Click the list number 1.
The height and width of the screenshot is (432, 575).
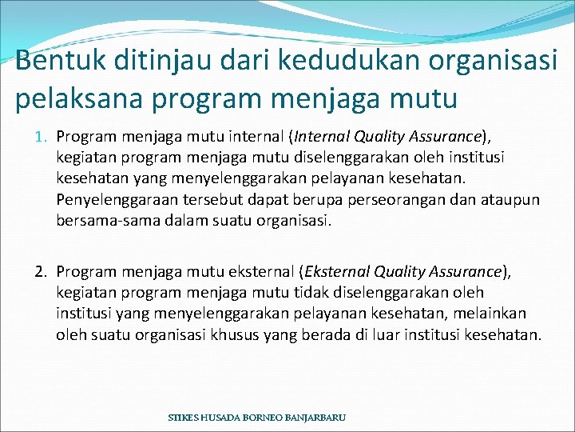(x=43, y=137)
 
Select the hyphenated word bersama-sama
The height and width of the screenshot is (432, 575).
(x=101, y=220)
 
